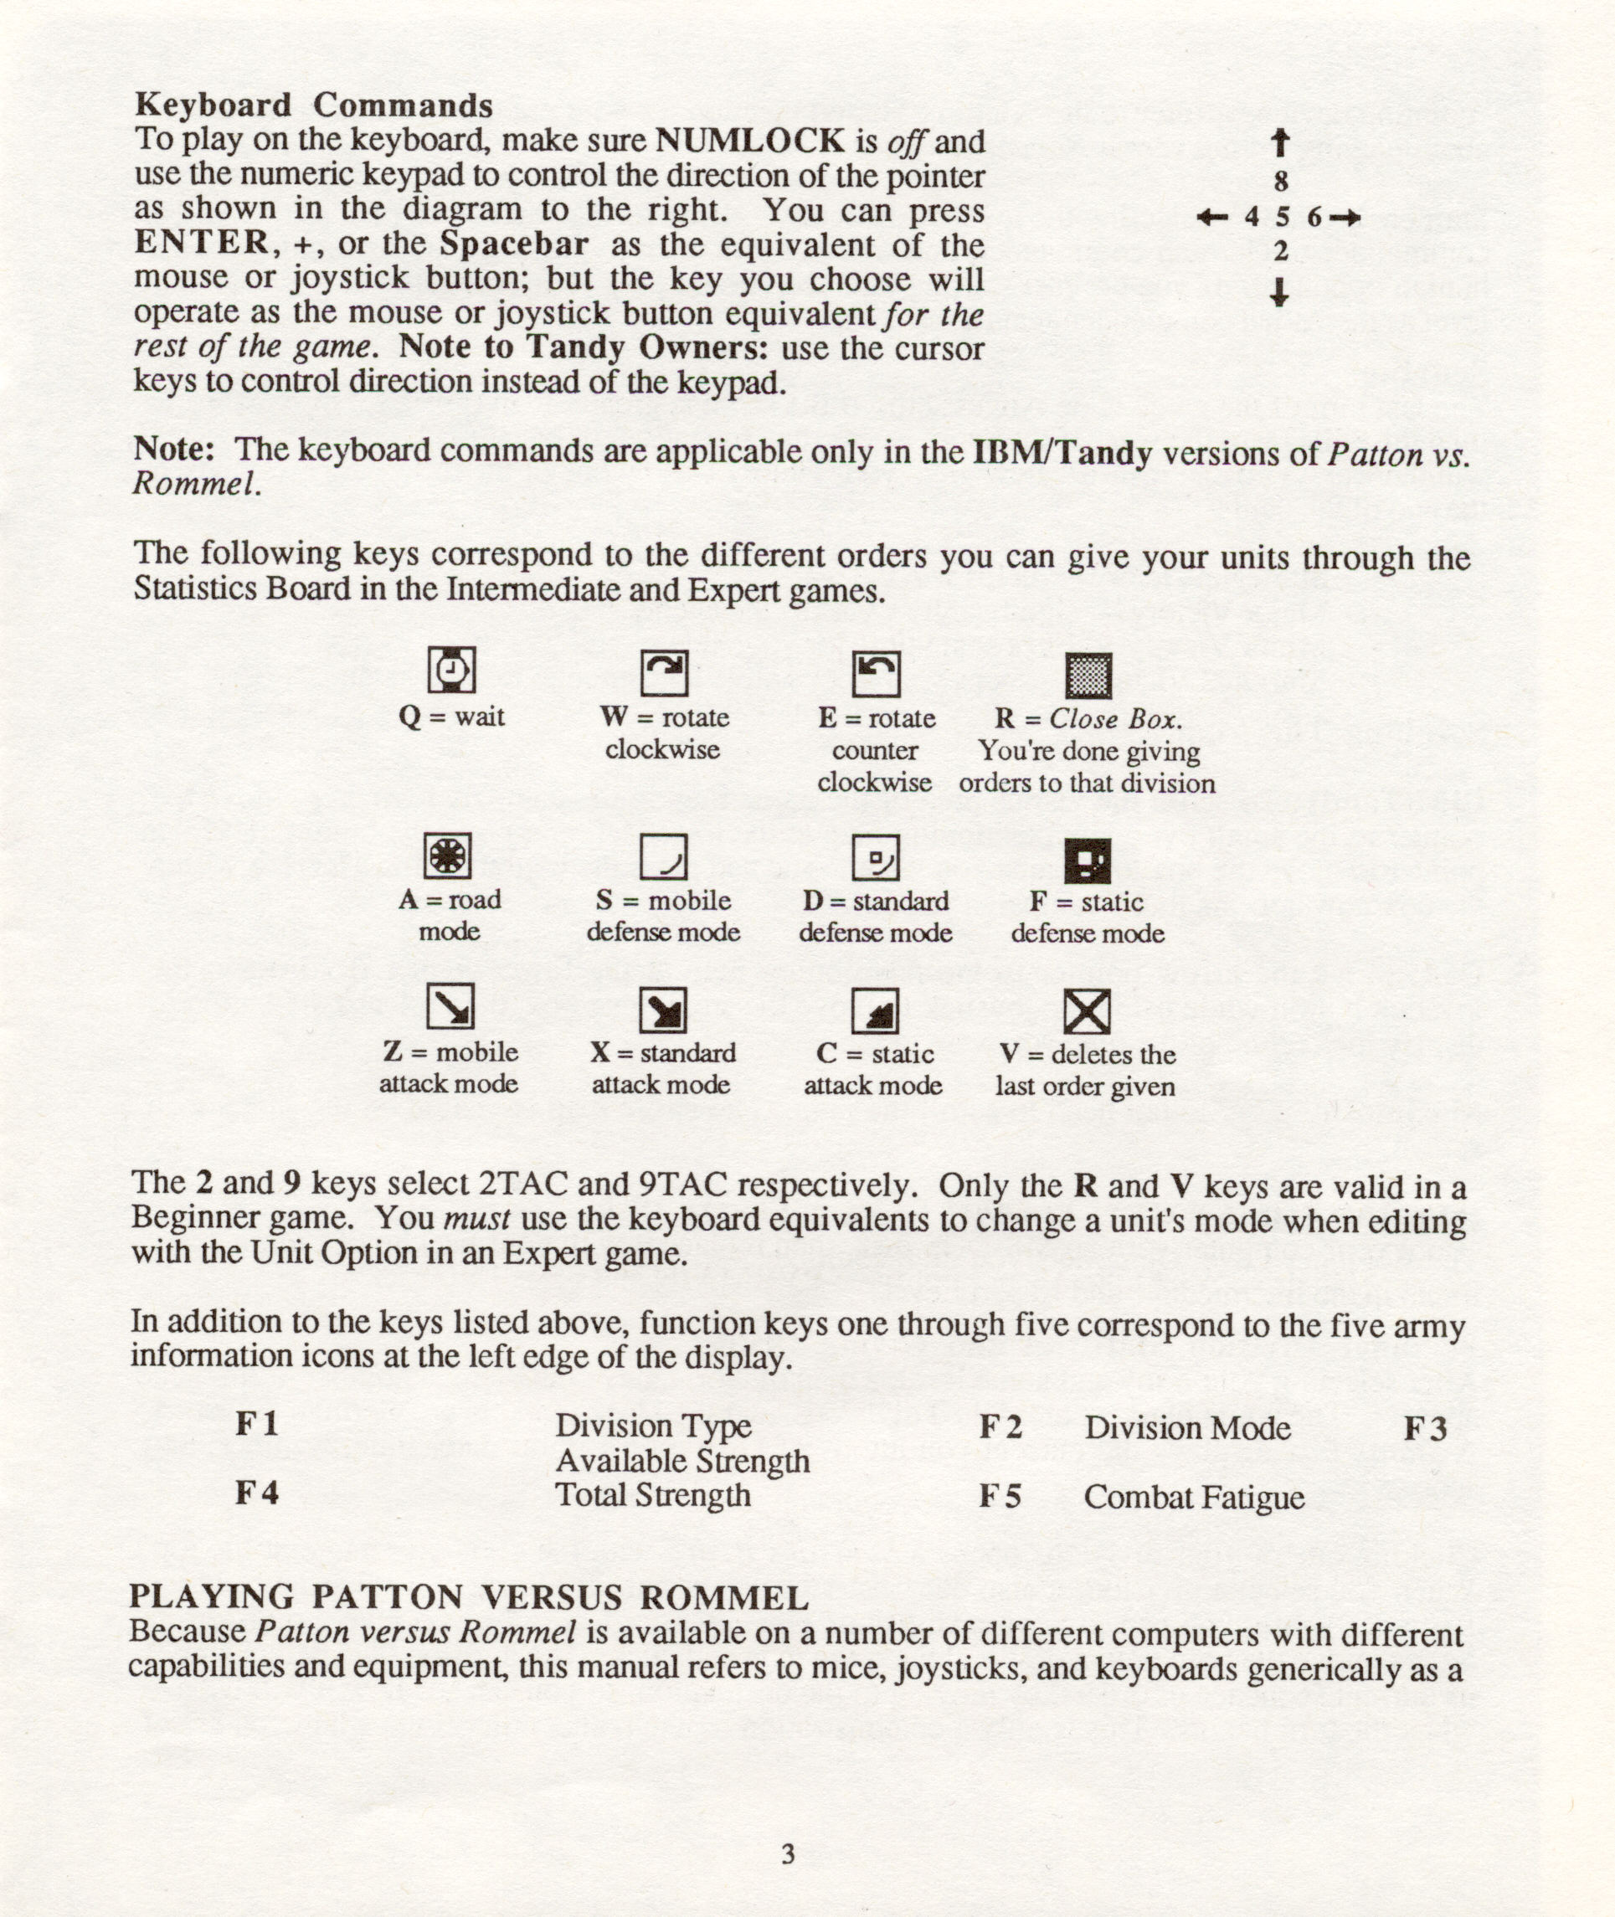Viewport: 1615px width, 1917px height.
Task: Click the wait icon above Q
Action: [x=451, y=671]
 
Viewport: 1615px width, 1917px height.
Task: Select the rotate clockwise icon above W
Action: [x=664, y=673]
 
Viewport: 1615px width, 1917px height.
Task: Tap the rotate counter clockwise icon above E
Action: [x=877, y=674]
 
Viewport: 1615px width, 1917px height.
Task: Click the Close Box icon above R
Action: [x=1088, y=676]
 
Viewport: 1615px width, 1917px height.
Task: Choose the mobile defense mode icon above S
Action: [x=663, y=857]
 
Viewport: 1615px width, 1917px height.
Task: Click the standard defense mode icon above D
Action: [x=875, y=858]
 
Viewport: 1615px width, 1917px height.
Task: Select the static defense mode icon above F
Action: [x=1088, y=861]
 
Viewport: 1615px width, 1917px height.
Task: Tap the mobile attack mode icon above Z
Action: [x=450, y=1006]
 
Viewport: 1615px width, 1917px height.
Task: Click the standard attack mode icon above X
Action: [x=662, y=1010]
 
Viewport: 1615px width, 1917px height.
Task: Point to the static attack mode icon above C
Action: [x=875, y=1010]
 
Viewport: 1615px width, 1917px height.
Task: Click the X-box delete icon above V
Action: [x=1087, y=1011]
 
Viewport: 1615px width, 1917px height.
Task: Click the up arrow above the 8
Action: [x=1281, y=143]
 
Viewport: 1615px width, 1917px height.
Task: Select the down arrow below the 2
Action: [x=1280, y=292]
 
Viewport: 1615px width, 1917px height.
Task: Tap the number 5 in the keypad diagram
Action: [x=1282, y=217]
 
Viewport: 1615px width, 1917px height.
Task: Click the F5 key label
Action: [x=1000, y=1496]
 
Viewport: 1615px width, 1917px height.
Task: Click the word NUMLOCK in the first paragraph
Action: [x=751, y=140]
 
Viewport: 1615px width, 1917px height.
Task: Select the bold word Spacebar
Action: [x=513, y=244]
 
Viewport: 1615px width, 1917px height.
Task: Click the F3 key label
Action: [x=1426, y=1427]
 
